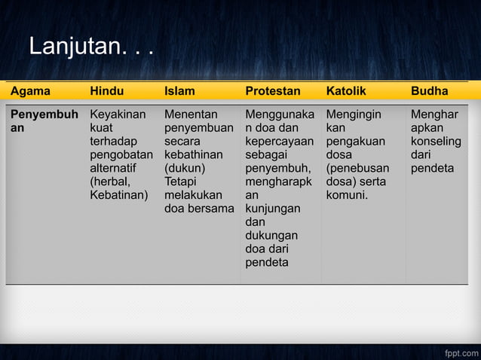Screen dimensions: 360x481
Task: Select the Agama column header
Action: (31, 91)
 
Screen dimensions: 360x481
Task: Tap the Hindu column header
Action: (106, 91)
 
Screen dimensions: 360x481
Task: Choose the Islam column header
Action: (179, 91)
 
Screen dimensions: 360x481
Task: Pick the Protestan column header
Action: (272, 91)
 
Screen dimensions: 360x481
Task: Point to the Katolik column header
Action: (346, 91)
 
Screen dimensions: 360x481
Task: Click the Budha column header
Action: (429, 91)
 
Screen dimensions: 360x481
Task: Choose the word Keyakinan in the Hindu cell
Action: (118, 114)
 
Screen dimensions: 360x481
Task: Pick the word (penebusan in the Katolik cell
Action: (357, 168)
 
